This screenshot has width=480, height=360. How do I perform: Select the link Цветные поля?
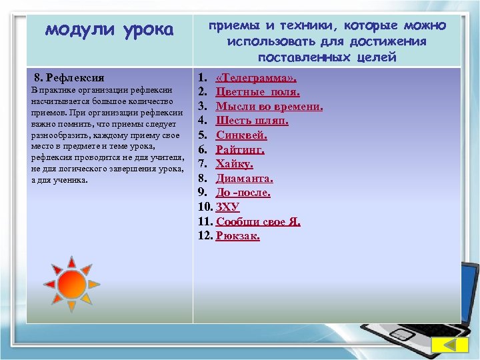257,92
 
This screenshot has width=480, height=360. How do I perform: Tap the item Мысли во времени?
269,106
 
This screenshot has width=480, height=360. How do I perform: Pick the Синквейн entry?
241,135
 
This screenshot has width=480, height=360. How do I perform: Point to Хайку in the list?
235,164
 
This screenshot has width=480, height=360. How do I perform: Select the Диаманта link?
244,179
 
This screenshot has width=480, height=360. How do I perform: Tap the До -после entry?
243,193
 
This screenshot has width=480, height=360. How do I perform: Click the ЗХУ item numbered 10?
227,207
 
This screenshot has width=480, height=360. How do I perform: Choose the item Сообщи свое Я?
258,221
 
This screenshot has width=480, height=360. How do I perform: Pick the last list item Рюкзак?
238,236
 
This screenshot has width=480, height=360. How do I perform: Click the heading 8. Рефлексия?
69,77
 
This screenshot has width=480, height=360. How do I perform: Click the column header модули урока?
109,30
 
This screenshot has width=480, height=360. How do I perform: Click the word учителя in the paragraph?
164,157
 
